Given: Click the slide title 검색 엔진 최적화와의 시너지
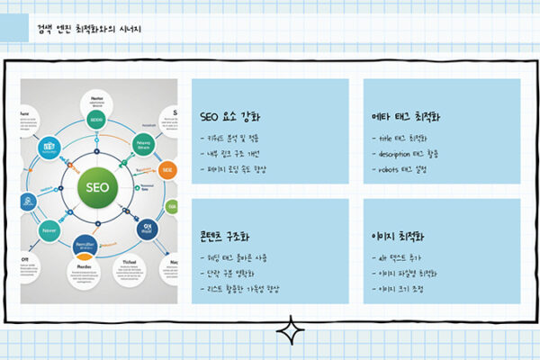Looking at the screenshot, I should click(x=89, y=30).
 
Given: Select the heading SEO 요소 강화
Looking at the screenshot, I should click(x=231, y=116).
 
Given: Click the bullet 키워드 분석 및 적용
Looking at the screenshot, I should click(x=238, y=139).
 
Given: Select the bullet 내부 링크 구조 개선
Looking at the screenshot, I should click(x=238, y=154).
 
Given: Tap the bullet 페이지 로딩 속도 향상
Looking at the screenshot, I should click(x=241, y=169).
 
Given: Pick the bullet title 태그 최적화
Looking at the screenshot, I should click(x=402, y=139).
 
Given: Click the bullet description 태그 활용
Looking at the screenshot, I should click(x=410, y=154).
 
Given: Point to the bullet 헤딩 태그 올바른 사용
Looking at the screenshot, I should click(x=243, y=258).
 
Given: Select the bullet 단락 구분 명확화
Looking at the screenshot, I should click(x=235, y=273).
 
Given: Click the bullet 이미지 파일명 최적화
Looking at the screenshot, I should click(x=409, y=273).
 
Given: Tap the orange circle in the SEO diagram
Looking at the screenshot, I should click(x=166, y=170).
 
